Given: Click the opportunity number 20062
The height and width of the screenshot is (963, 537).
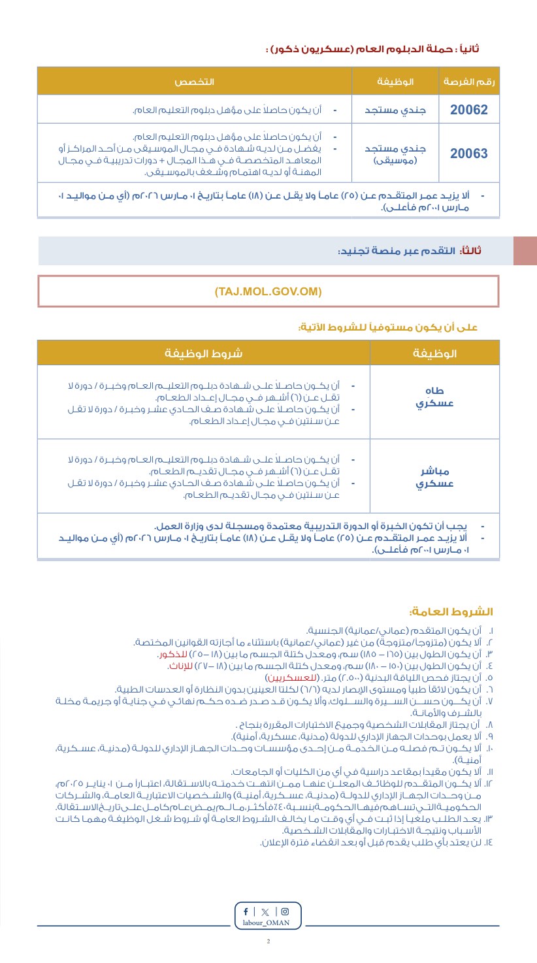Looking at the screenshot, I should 468,109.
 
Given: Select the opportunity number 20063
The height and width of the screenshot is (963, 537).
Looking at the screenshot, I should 468,154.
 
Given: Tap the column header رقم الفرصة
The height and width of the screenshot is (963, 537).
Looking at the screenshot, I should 469,82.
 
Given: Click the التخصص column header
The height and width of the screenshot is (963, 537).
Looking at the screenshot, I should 194,82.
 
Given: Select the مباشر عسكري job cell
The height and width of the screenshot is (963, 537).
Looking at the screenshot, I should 435,478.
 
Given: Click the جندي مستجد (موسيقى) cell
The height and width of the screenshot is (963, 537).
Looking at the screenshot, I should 395,154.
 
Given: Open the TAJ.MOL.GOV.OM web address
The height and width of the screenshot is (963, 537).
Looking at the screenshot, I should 268,291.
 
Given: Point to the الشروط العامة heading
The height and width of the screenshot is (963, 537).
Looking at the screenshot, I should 451,612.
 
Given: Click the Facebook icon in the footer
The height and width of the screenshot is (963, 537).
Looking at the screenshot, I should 246,911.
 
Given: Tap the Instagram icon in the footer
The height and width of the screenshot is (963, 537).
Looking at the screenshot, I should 285,911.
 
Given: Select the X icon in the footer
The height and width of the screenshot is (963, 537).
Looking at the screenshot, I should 265,911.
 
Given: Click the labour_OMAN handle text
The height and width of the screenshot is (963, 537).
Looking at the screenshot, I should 268,922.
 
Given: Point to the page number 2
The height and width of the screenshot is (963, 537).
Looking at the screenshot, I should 268,941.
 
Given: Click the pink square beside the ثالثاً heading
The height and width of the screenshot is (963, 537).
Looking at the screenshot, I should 525,251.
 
